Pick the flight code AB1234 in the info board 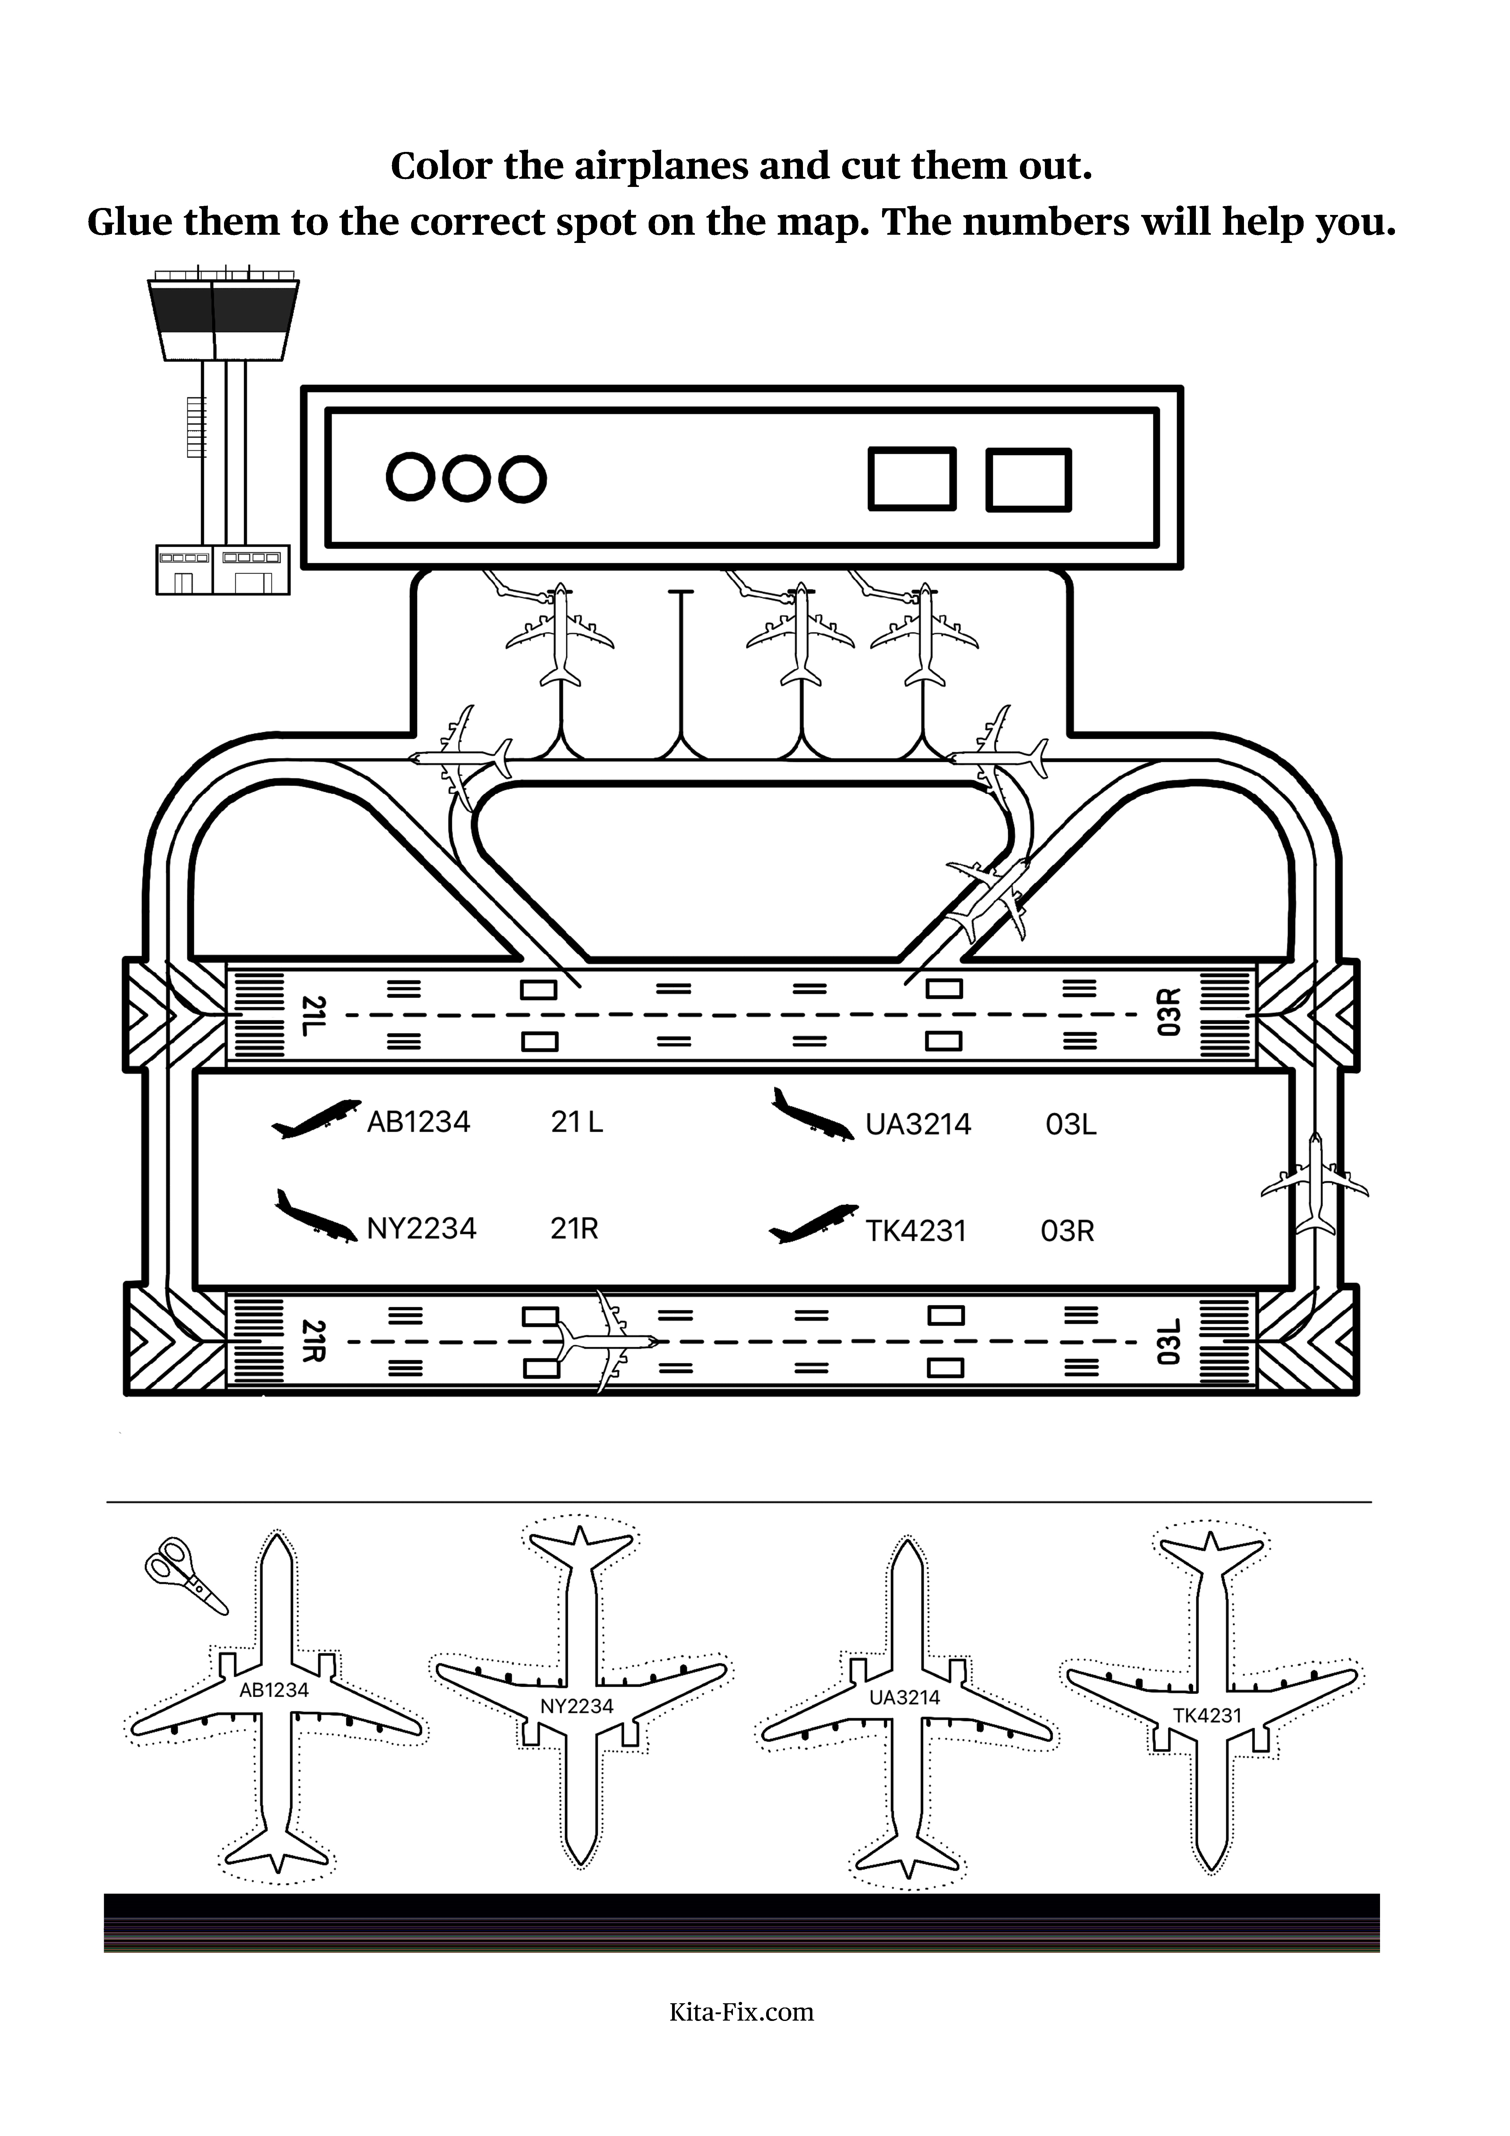(419, 1122)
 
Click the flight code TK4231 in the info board (916, 1232)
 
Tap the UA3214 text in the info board (918, 1125)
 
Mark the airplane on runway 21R (607, 1340)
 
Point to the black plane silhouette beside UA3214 (812, 1114)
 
